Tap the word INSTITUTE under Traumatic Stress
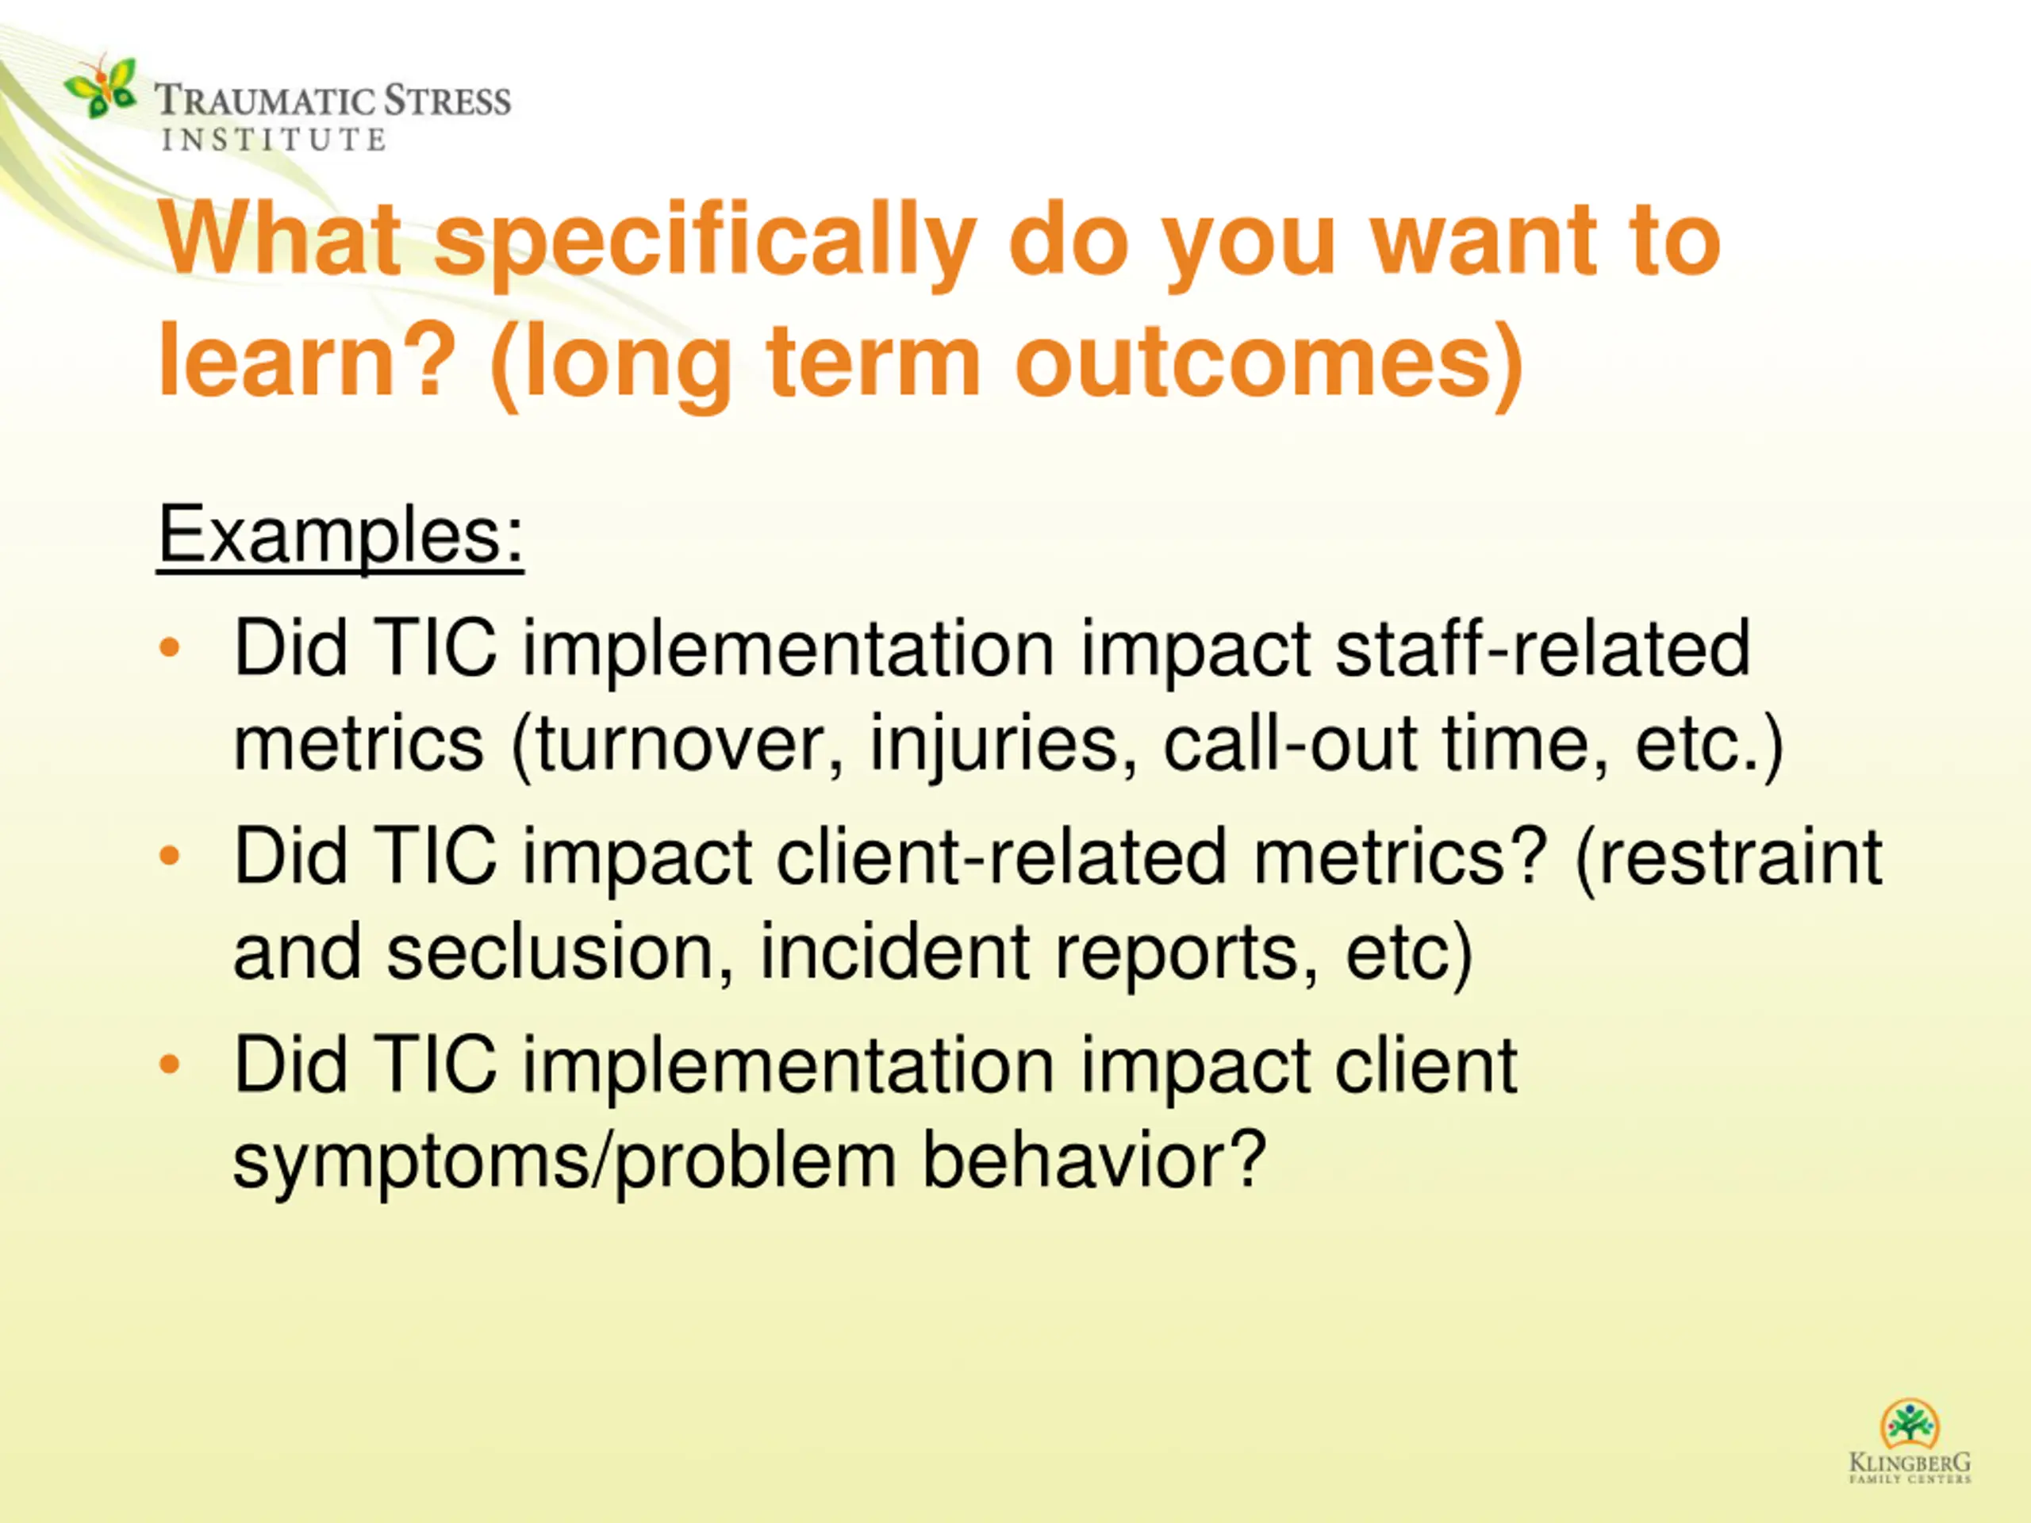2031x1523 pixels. (274, 140)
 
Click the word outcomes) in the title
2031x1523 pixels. (1268, 363)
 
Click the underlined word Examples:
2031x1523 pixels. (340, 536)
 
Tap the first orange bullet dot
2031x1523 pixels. (170, 647)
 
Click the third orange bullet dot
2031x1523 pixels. (170, 1064)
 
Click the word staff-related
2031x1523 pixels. (1542, 648)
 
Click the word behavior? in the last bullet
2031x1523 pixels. (1095, 1159)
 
